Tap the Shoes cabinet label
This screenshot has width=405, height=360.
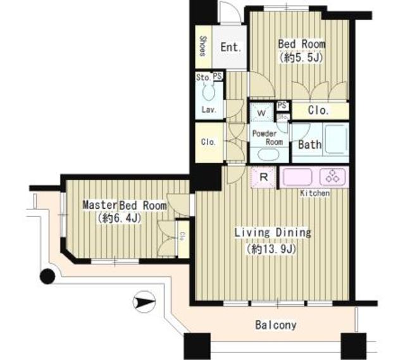(202, 46)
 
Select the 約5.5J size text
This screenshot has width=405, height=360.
(302, 57)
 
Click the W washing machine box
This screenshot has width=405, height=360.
(261, 114)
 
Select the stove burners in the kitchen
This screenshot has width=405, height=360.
(333, 177)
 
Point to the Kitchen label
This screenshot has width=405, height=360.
(315, 193)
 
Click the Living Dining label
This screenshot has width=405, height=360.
(273, 233)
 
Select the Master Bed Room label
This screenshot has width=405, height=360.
(125, 206)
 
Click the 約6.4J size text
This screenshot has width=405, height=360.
(118, 219)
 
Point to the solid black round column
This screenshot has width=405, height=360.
(47, 276)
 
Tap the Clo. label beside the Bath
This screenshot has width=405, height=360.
(318, 111)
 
